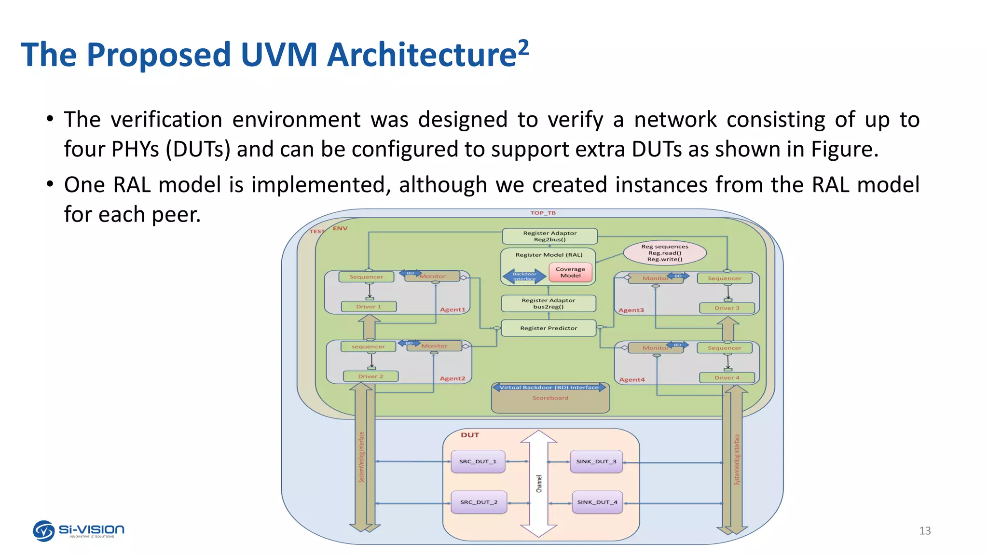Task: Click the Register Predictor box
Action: pyautogui.click(x=549, y=328)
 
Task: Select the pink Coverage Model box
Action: pyautogui.click(x=570, y=273)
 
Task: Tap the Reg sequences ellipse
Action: pyautogui.click(x=665, y=253)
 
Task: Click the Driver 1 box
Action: pyautogui.click(x=369, y=306)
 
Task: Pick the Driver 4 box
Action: pyautogui.click(x=727, y=377)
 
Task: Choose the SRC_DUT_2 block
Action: pyautogui.click(x=479, y=502)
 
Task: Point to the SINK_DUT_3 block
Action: pyautogui.click(x=596, y=461)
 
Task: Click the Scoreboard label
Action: pyautogui.click(x=550, y=398)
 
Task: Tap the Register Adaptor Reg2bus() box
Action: pyautogui.click(x=549, y=236)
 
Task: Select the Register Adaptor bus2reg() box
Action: pyautogui.click(x=549, y=304)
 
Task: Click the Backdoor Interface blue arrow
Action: pyautogui.click(x=524, y=276)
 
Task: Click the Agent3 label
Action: pyautogui.click(x=631, y=310)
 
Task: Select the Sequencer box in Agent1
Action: pyautogui.click(x=366, y=277)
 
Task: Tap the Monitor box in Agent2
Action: pyautogui.click(x=434, y=346)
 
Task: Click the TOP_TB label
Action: pyautogui.click(x=543, y=213)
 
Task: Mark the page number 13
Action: pyautogui.click(x=924, y=531)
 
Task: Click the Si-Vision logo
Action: pyautogui.click(x=79, y=530)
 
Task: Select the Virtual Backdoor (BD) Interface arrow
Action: pyautogui.click(x=549, y=388)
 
